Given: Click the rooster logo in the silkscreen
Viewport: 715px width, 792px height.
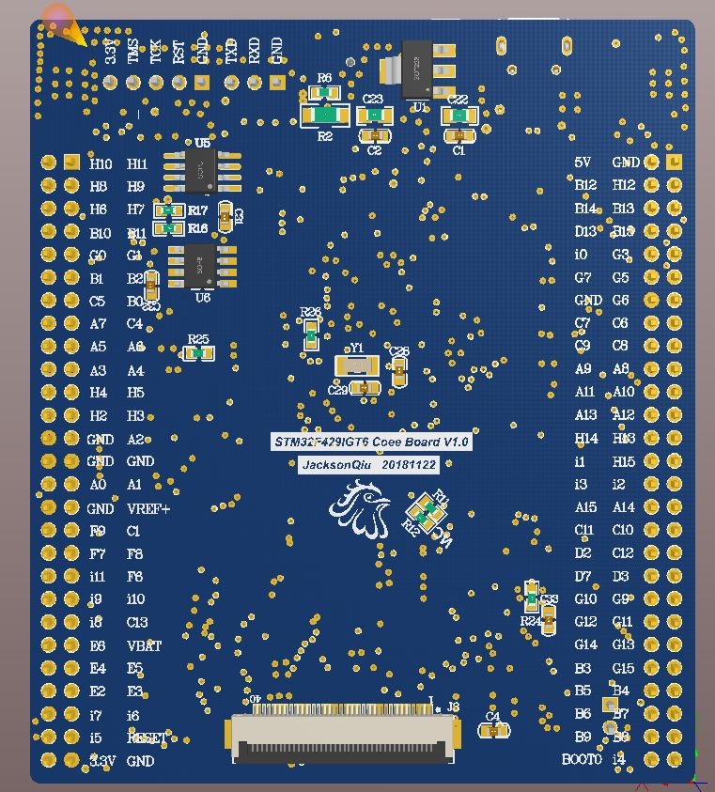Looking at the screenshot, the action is (x=360, y=509).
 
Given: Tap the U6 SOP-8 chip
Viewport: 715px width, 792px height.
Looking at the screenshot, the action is (x=201, y=266).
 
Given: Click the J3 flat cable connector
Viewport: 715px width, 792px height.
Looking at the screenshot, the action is (x=345, y=736).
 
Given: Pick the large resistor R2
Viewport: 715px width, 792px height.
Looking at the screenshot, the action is (x=325, y=115).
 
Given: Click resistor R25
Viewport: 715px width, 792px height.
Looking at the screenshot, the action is (x=197, y=353).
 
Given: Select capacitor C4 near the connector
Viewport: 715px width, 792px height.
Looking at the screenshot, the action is (x=493, y=730).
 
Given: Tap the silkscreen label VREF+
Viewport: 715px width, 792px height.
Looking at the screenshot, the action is (x=148, y=509).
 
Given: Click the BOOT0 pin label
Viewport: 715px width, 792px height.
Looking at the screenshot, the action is (x=582, y=759).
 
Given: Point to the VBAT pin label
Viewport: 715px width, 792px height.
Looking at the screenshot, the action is (x=144, y=646).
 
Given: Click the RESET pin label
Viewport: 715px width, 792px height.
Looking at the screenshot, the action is (x=147, y=738).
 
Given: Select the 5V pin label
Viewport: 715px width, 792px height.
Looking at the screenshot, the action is (x=583, y=163).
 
